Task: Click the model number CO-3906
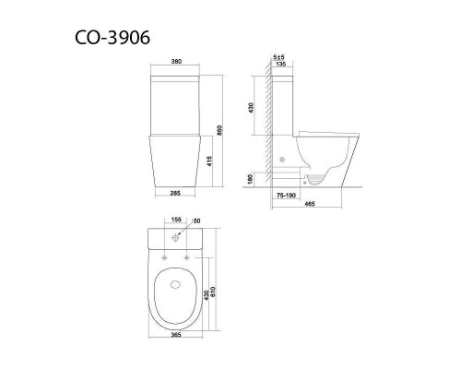click(109, 38)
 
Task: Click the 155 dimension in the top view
click(175, 220)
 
